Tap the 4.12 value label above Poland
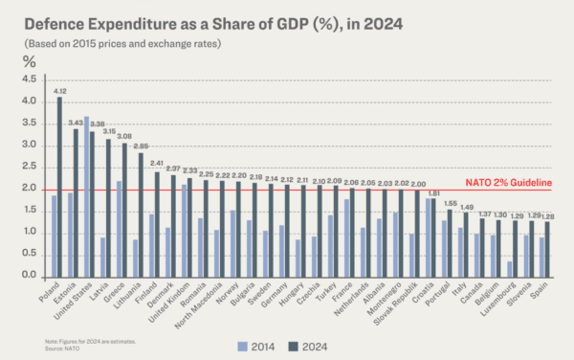(58, 91)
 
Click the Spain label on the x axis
(543, 291)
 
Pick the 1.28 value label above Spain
(548, 216)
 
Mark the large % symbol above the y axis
(28, 60)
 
